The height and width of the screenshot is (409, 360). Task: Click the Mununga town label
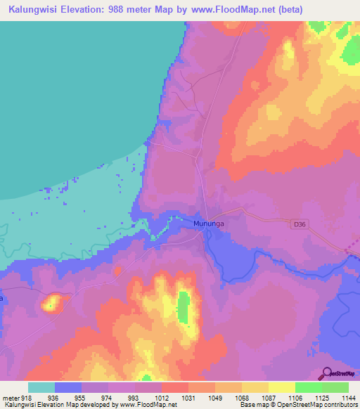coord(208,224)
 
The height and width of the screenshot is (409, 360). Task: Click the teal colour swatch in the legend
coord(41,387)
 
